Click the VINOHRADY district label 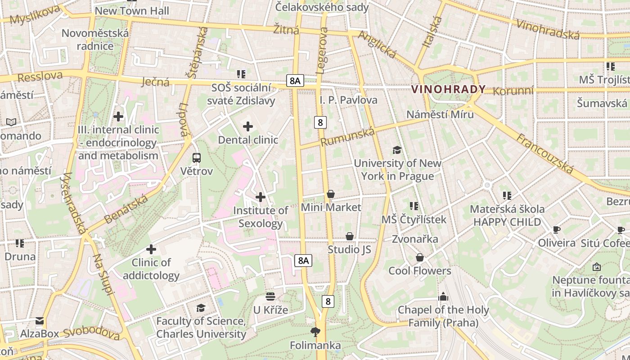448,89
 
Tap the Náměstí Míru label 440,114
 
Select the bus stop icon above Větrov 197,158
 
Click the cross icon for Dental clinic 248,126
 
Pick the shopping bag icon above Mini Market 331,194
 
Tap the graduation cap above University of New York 397,150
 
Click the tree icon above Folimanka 315,332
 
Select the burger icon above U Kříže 270,297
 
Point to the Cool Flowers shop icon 420,257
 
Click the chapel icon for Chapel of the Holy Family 443,297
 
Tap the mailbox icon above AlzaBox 40,321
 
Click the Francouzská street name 545,153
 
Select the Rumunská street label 347,136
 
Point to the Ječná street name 155,81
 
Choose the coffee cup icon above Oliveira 557,230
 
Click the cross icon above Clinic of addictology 151,249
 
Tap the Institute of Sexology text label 261,217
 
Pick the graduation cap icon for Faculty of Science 201,308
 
